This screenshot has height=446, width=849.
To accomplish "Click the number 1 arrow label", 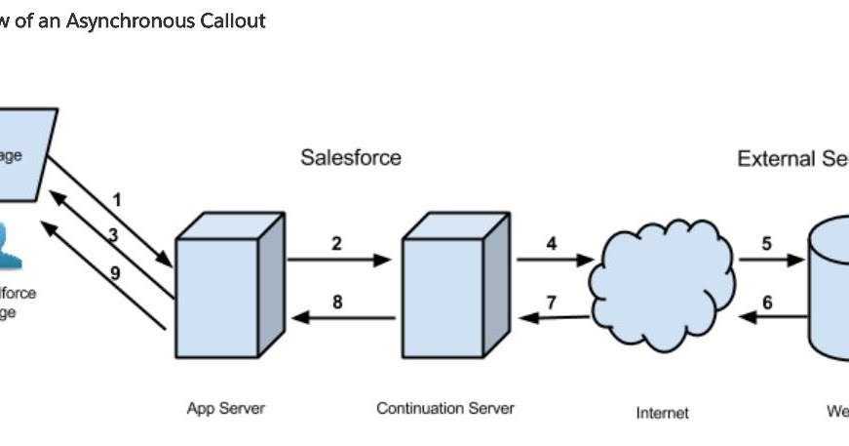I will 117,199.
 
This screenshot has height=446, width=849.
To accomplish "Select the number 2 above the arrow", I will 336,244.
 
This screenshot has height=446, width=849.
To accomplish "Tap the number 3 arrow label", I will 113,234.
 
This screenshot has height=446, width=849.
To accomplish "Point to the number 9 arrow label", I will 114,273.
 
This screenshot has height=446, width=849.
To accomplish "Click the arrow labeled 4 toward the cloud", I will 554,261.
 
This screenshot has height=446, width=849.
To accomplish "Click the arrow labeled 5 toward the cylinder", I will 770,261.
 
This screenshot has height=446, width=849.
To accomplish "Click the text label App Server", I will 225,408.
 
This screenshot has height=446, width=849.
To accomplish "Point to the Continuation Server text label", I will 444,408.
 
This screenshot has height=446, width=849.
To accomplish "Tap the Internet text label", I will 662,413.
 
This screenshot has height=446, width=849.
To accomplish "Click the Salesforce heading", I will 350,158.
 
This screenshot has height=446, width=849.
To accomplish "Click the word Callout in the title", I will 233,20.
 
